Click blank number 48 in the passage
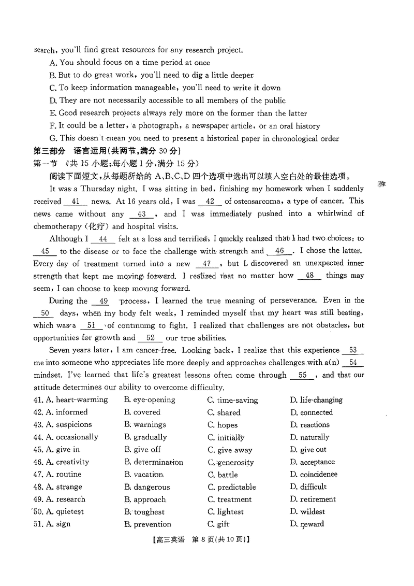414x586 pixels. click(309, 276)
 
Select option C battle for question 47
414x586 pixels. click(228, 475)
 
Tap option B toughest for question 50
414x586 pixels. click(149, 512)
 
